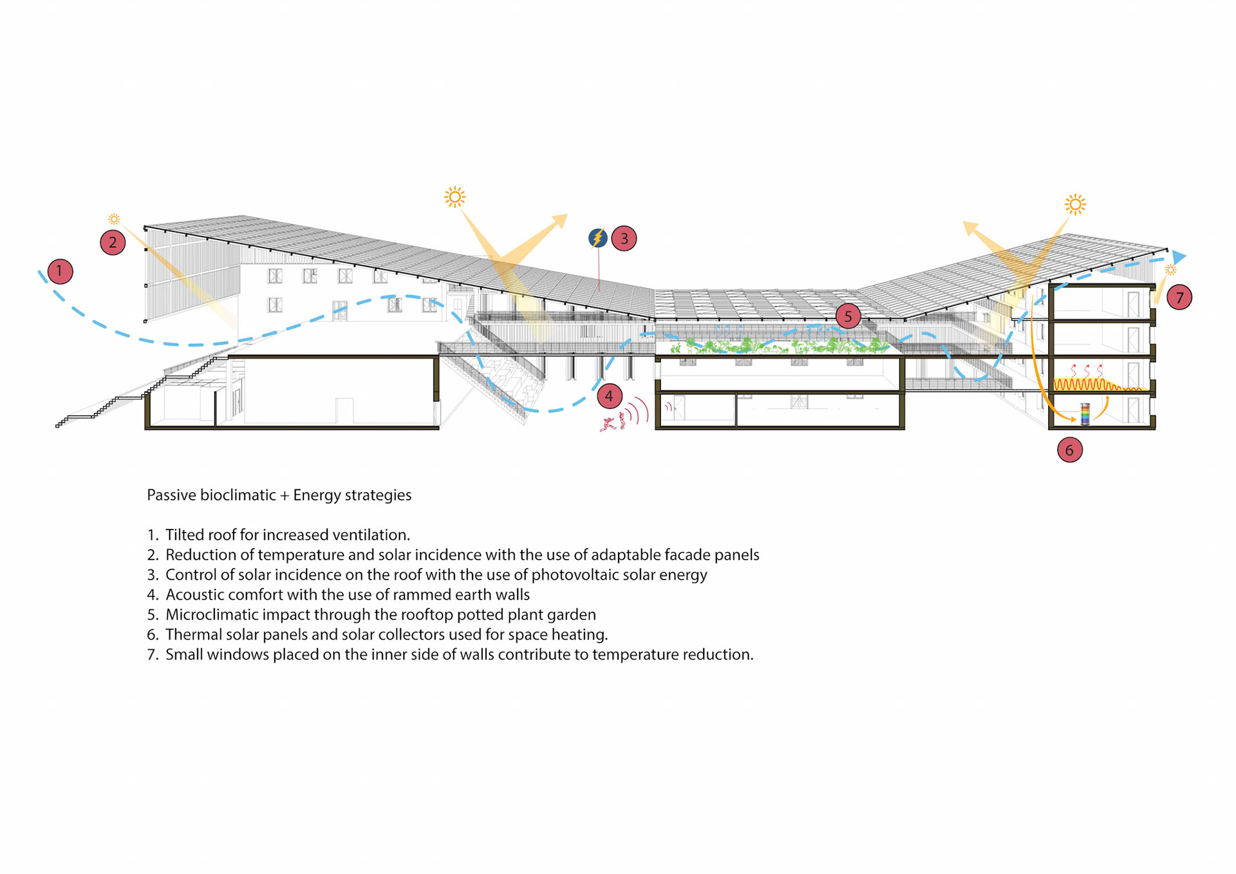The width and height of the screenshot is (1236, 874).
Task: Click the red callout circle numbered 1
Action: pyautogui.click(x=60, y=271)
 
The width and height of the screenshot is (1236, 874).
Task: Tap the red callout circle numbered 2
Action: pyautogui.click(x=113, y=243)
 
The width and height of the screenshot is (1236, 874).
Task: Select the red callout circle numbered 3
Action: pyautogui.click(x=624, y=238)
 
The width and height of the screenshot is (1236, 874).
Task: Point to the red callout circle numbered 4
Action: pyautogui.click(x=609, y=396)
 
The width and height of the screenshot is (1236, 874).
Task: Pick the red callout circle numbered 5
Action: pyautogui.click(x=848, y=316)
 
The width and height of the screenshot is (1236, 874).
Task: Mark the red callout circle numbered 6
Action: pyautogui.click(x=1069, y=450)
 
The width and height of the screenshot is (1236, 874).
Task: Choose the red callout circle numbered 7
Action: pyautogui.click(x=1179, y=298)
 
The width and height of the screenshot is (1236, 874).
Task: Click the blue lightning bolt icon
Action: pyautogui.click(x=598, y=238)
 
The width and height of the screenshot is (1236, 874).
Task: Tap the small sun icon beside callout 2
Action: pyautogui.click(x=114, y=219)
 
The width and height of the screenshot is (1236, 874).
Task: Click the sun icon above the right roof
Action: pyautogui.click(x=1075, y=205)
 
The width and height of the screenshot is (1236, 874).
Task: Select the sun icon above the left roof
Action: pyautogui.click(x=454, y=197)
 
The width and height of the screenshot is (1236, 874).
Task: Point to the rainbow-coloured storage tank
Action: pyautogui.click(x=1085, y=414)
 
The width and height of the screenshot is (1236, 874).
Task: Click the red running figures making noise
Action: pyautogui.click(x=613, y=423)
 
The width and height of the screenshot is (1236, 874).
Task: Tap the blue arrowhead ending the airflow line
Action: pyautogui.click(x=1179, y=257)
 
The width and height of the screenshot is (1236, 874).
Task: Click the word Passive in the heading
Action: pyautogui.click(x=171, y=495)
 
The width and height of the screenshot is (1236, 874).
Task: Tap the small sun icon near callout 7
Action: pyautogui.click(x=1170, y=270)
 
